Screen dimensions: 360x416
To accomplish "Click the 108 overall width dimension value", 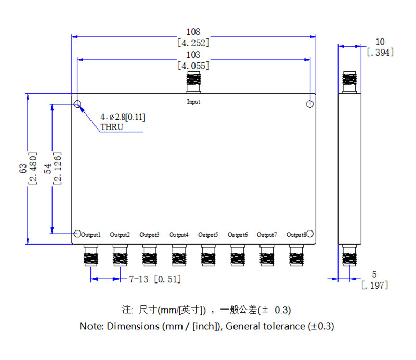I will click(193, 32).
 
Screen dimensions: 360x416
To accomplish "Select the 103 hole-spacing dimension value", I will click(193, 55).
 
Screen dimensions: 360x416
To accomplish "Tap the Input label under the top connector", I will click(193, 102).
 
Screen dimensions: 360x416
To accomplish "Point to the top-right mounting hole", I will click(310, 104).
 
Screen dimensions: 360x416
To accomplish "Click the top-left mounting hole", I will click(77, 104).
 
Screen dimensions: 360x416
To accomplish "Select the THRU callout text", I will click(112, 127).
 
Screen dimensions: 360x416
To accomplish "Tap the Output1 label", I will click(91, 235).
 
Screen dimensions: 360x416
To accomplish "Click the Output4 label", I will click(179, 235).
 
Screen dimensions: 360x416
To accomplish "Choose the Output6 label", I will click(238, 235).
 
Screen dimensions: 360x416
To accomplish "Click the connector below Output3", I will click(149, 255).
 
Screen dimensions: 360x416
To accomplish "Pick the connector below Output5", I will click(208, 255).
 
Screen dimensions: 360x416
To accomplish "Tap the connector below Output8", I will click(296, 255).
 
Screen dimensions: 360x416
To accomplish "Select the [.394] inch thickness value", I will click(380, 53).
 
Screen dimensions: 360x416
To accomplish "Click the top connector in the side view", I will click(349, 81).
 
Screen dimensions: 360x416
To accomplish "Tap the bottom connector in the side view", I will click(349, 256).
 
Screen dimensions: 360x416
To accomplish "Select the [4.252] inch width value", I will click(193, 43).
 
